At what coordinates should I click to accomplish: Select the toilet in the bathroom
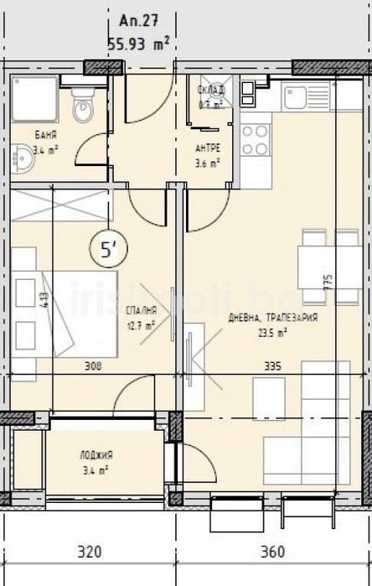[x=82, y=106]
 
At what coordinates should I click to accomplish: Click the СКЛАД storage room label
[x=210, y=91]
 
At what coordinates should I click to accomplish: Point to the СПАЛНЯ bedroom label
[x=142, y=311]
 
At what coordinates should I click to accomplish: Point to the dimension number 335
[x=271, y=366]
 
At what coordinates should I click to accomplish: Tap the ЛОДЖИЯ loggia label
[x=97, y=455]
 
